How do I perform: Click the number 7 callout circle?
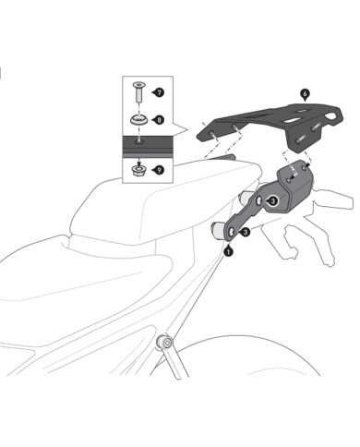pos(158,93)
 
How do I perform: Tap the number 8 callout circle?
pos(158,119)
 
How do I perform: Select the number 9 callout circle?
pos(158,169)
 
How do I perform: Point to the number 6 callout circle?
pos(305,93)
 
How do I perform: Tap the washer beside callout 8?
pos(139,120)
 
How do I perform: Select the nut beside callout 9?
pos(139,168)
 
